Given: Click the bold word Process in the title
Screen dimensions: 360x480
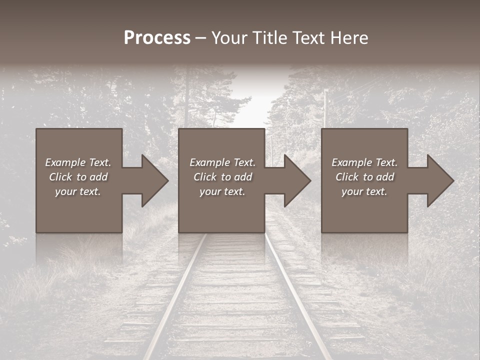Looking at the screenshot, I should point(157,38).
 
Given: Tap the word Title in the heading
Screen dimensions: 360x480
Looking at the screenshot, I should point(270,38).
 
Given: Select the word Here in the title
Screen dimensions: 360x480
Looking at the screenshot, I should point(349,38).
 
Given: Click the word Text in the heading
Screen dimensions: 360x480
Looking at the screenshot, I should point(308,38).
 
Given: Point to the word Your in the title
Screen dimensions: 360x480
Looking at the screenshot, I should point(230,38).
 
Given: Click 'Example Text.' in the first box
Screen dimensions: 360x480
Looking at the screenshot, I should point(78,162).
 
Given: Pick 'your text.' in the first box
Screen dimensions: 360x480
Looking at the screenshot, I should point(78,191).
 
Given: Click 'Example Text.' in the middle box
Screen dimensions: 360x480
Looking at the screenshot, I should point(222,162).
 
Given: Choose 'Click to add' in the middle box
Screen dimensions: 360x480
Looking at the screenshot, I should point(222,177).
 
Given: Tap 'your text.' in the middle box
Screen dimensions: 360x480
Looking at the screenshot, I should point(222,191).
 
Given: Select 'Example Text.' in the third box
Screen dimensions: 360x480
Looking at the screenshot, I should point(364,162).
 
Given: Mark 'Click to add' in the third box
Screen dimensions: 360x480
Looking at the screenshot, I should point(364,177).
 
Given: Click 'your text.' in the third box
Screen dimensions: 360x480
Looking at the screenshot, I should point(364,191).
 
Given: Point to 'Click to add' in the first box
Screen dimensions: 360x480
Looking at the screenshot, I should point(78,177).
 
